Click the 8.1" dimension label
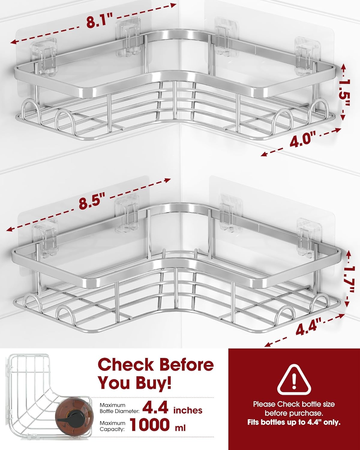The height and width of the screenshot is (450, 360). pyautogui.click(x=99, y=20)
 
